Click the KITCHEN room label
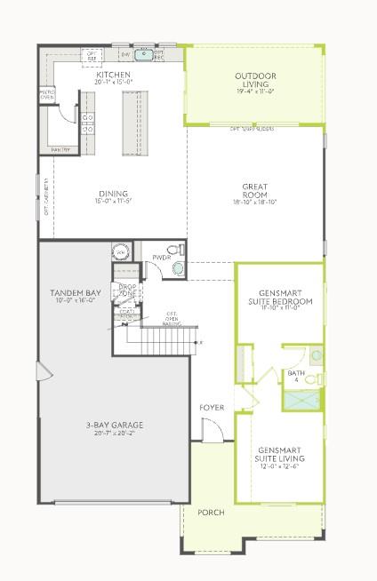115,76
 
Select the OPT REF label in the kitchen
92,55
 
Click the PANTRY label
61,149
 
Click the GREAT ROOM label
255,191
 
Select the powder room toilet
178,250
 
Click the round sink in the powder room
179,267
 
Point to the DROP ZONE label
128,290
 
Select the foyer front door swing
212,433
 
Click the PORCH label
212,513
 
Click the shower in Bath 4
302,399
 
